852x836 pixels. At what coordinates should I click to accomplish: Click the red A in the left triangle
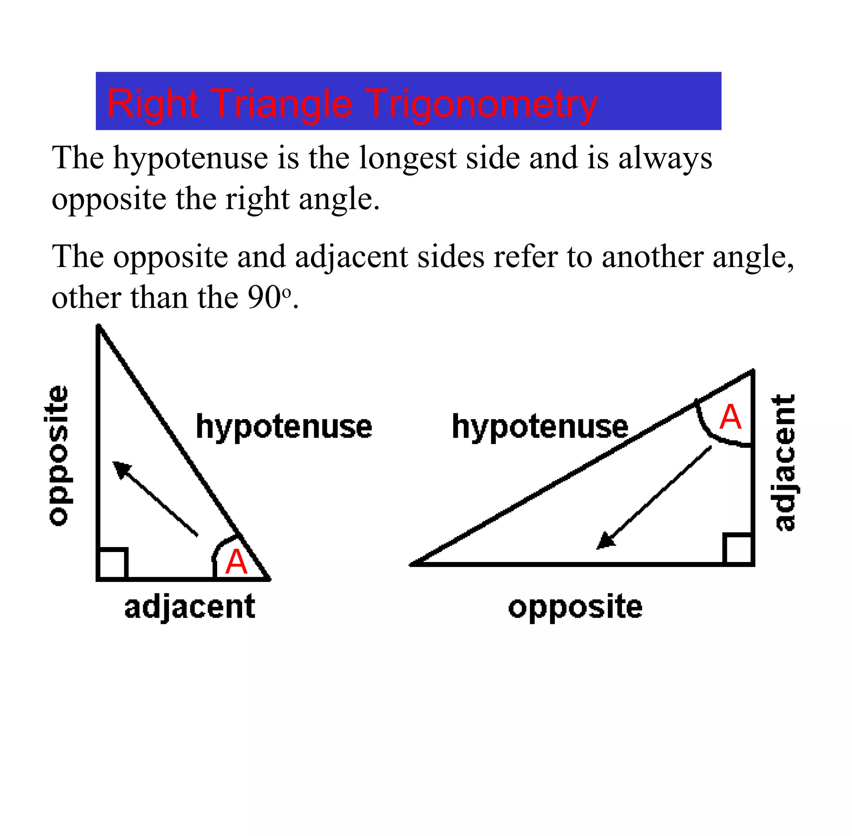point(236,562)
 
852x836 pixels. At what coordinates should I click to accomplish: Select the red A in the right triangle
point(730,417)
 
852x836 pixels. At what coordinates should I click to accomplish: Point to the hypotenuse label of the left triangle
point(284,427)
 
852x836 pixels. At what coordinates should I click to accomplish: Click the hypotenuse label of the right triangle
point(540,427)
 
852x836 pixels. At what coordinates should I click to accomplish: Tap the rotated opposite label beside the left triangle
point(58,455)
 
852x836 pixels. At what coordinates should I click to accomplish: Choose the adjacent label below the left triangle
point(190,607)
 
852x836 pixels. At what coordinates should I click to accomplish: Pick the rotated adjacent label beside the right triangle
point(784,463)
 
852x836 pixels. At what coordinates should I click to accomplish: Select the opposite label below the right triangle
point(575,608)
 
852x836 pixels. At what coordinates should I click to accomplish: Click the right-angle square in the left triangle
point(112,564)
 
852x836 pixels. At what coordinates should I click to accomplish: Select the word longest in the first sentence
point(408,158)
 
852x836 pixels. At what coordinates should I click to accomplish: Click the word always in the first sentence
point(665,158)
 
